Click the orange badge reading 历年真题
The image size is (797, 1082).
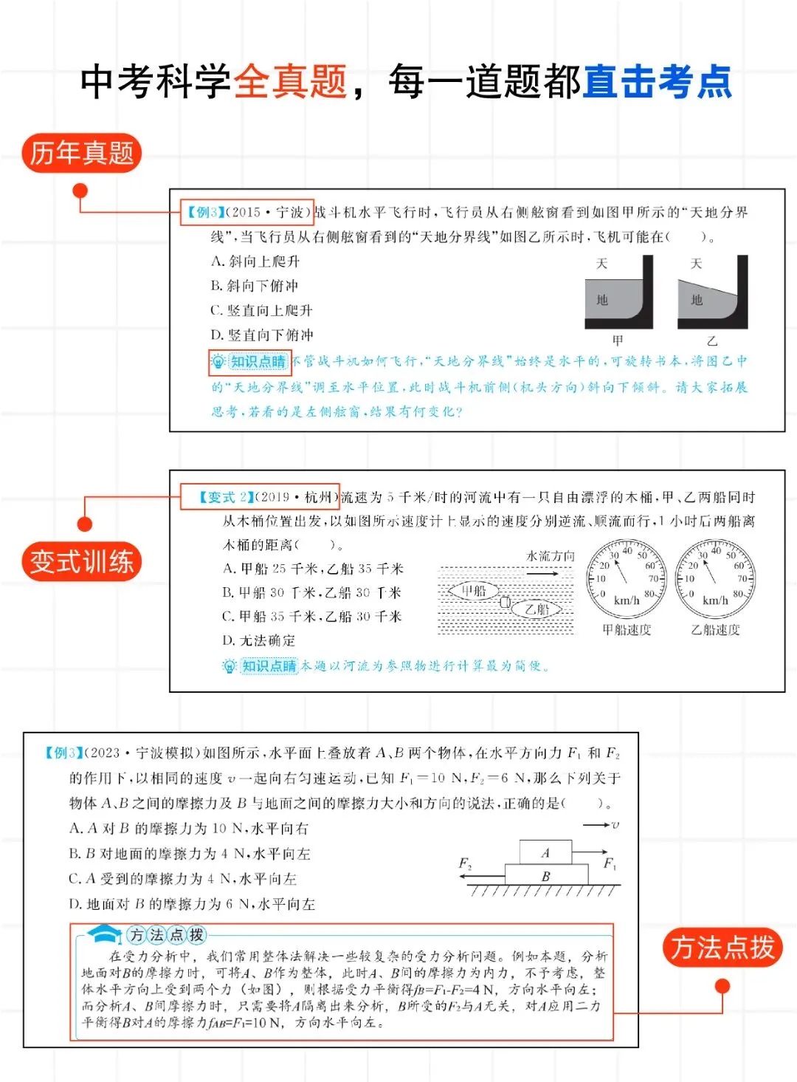81,153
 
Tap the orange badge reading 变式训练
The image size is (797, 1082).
81,561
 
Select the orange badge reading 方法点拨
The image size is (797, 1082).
722,948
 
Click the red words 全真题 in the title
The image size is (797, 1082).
290,81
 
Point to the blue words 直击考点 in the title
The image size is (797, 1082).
657,81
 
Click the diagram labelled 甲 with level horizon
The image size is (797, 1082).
618,293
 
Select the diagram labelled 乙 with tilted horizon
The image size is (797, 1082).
712,293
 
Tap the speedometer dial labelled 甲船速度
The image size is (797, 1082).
627,580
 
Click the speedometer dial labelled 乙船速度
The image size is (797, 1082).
715,580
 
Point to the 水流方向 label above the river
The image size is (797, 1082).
551,556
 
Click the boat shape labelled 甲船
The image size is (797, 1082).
473,591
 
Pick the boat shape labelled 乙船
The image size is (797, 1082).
538,609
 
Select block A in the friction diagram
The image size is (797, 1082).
545,852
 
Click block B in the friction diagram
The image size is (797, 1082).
546,875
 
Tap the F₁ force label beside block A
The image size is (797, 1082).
610,863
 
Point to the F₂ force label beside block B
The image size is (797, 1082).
465,863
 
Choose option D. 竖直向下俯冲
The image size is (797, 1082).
262,335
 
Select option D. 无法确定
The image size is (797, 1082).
259,640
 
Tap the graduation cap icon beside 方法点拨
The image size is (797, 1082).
106,934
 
